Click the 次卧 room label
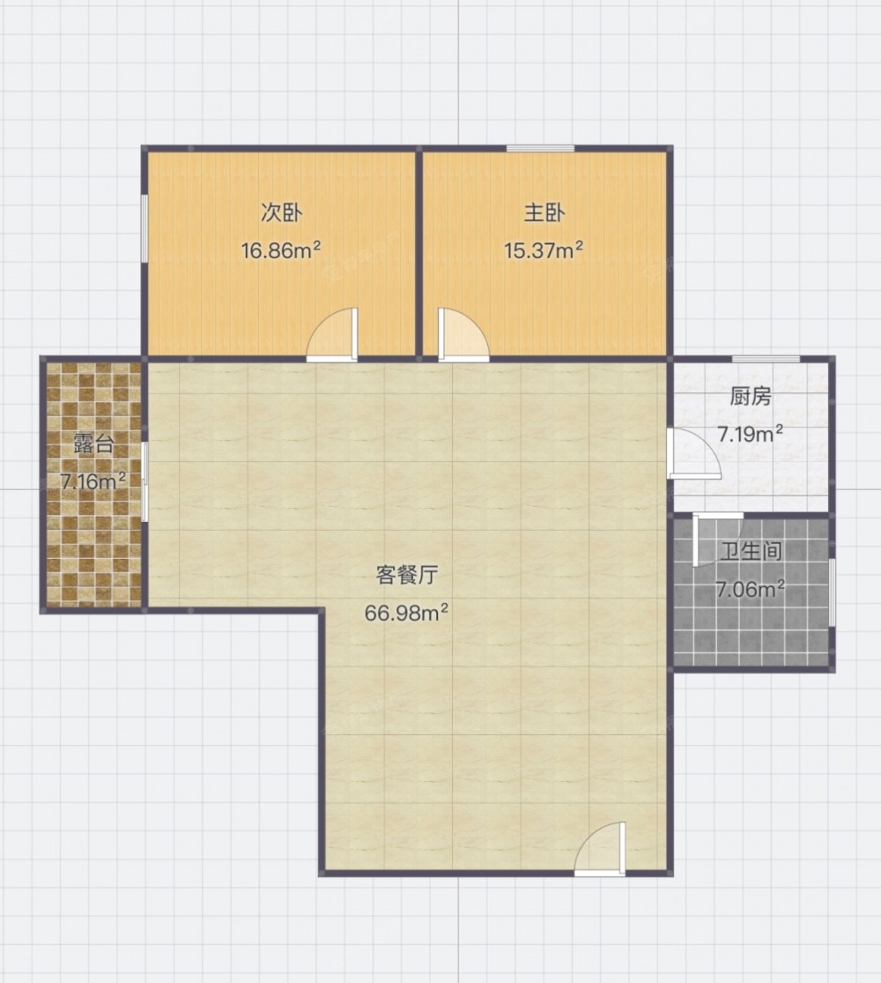[x=281, y=213]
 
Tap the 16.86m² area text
[x=281, y=250]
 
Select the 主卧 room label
[x=544, y=213]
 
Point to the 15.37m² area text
[x=544, y=250]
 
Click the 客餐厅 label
[x=407, y=575]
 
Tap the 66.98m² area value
[x=407, y=612]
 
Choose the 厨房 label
[x=750, y=396]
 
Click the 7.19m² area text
[x=750, y=433]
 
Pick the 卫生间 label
[x=751, y=551]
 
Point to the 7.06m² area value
[x=751, y=589]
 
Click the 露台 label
[x=93, y=443]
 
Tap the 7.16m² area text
[x=93, y=480]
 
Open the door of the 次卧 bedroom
[x=332, y=335]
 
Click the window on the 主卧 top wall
[x=540, y=149]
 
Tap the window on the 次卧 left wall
[x=144, y=227]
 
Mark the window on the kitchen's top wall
[x=766, y=359]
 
